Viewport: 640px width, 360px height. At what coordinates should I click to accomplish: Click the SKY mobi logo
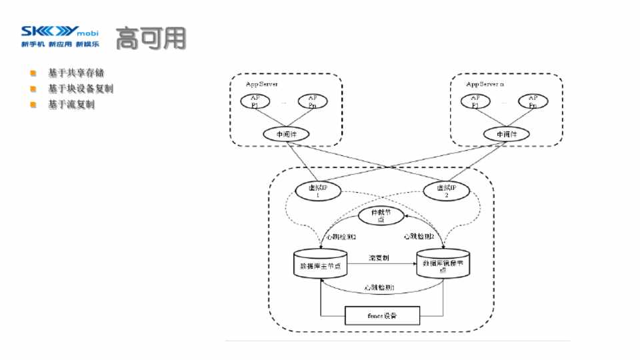tap(60, 32)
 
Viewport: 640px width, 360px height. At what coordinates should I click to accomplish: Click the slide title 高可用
tap(150, 39)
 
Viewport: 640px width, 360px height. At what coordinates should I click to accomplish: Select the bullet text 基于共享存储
tap(76, 73)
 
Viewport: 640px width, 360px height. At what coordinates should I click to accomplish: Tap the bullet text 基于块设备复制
tap(81, 89)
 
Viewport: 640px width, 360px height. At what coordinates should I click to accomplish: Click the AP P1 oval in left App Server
tap(254, 101)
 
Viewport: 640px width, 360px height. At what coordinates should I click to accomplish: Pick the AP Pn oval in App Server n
tap(533, 101)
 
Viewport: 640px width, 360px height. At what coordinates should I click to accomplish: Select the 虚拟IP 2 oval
tap(446, 191)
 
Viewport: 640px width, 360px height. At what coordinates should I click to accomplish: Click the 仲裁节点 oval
tap(381, 216)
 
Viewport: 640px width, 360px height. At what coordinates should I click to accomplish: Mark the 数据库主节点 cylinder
tap(321, 265)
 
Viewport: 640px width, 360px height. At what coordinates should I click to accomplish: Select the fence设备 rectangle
tap(382, 315)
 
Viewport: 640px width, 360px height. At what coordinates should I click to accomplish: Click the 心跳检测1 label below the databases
tap(379, 287)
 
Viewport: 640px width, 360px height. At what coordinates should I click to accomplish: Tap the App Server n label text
tap(485, 85)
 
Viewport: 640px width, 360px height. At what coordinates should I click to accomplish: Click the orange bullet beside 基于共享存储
tap(32, 73)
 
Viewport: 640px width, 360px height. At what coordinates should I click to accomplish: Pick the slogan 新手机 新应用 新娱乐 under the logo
tap(60, 45)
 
